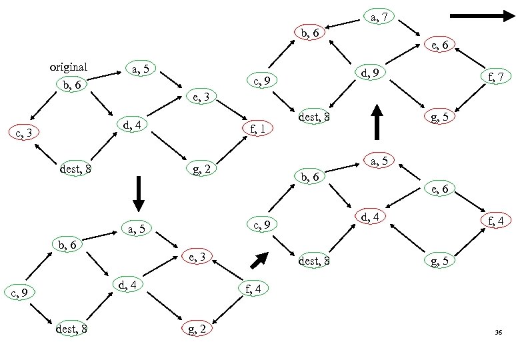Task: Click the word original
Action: point(69,67)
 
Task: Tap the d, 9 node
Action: point(369,72)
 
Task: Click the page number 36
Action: point(498,332)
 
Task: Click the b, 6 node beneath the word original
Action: point(70,85)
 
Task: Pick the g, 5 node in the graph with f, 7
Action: point(443,117)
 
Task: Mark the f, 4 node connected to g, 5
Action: point(499,219)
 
